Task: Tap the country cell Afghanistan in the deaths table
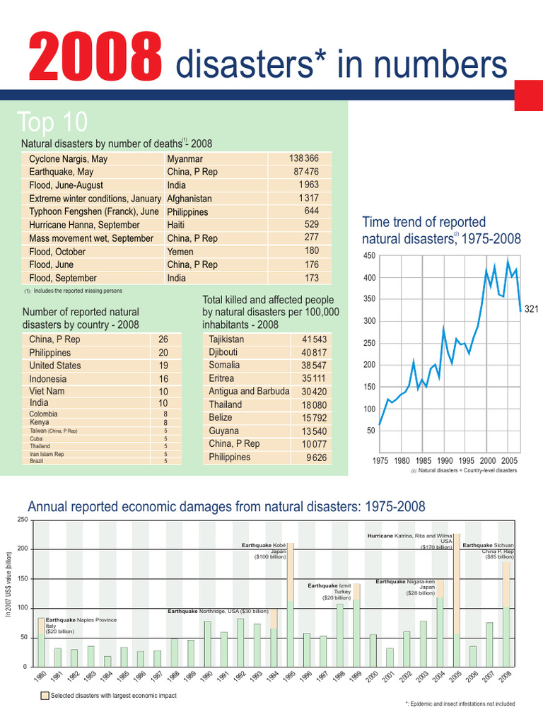189,199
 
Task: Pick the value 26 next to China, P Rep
163,339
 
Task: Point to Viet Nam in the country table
47,391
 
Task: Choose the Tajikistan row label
226,339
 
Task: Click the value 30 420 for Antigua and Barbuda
314,391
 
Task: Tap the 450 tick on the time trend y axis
368,256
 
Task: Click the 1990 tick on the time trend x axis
445,460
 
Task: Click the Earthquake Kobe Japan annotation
264,551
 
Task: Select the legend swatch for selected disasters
45,696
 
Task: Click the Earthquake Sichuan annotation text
489,551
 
